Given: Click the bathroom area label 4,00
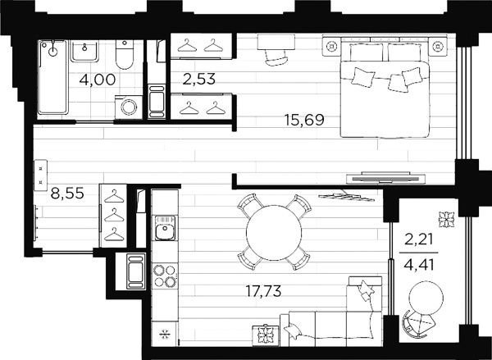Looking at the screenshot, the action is click(x=98, y=80).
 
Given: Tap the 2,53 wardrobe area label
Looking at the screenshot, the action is click(x=199, y=79).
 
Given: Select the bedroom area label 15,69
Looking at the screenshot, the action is click(x=304, y=120).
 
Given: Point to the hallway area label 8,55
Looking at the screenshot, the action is click(x=67, y=193).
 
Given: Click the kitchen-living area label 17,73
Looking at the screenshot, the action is click(x=263, y=291).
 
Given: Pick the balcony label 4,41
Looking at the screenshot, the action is click(x=419, y=265).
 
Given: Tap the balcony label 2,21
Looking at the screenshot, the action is click(x=419, y=239).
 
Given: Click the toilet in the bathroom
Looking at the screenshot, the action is click(x=125, y=54).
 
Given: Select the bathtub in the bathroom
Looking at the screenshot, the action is click(x=52, y=77).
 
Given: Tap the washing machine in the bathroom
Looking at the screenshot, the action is click(x=129, y=107).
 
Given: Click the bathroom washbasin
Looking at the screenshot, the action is click(x=84, y=51).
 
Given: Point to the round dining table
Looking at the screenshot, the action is click(x=274, y=233).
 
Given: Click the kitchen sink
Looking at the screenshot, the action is click(x=165, y=228).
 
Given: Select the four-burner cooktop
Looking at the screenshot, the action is click(x=165, y=276).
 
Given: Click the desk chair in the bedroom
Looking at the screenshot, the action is click(x=276, y=58).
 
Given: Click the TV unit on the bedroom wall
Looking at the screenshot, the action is click(x=385, y=178).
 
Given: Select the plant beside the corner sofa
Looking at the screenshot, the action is click(x=266, y=335).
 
